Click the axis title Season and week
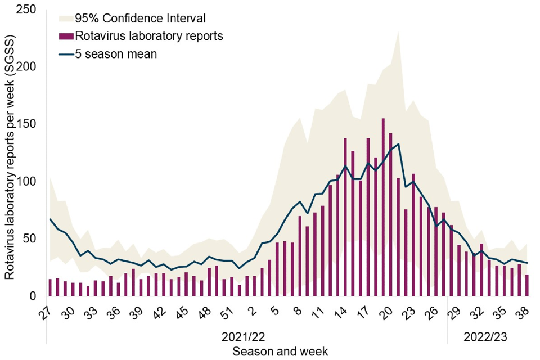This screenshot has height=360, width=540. pyautogui.click(x=280, y=351)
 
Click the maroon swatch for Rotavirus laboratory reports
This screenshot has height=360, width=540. pyautogui.click(x=66, y=36)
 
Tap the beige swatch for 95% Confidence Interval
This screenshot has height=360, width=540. pyautogui.click(x=66, y=17)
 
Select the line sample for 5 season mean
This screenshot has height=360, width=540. pyautogui.click(x=66, y=55)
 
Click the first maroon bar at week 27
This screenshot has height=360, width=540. pyautogui.click(x=50, y=287)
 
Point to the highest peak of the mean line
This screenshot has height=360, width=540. pyautogui.click(x=398, y=144)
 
